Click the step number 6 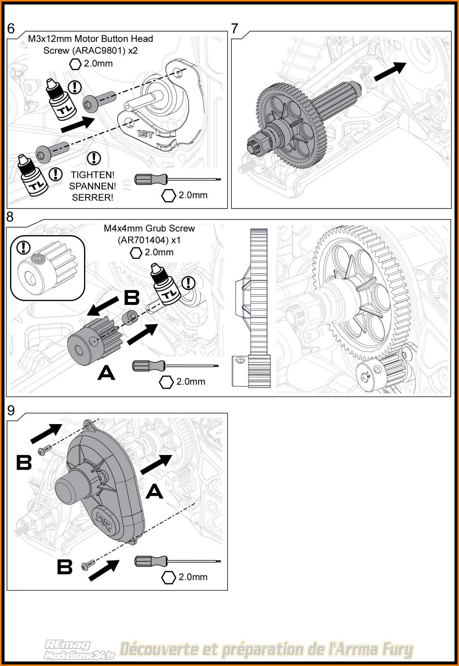pyautogui.click(x=11, y=28)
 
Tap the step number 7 pyautogui.click(x=235, y=28)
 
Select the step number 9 pyautogui.click(x=11, y=410)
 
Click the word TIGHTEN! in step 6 pyautogui.click(x=93, y=175)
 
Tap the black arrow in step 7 pyautogui.click(x=390, y=71)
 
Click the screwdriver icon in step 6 pyautogui.click(x=176, y=179)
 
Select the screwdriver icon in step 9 pyautogui.click(x=176, y=561)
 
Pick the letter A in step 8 pyautogui.click(x=106, y=373)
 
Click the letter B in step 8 pyautogui.click(x=131, y=298)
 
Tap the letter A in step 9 pyautogui.click(x=154, y=491)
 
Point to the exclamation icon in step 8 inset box pyautogui.click(x=24, y=247)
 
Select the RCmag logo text pyautogui.click(x=67, y=645)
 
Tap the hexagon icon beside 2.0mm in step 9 pyautogui.click(x=168, y=577)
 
